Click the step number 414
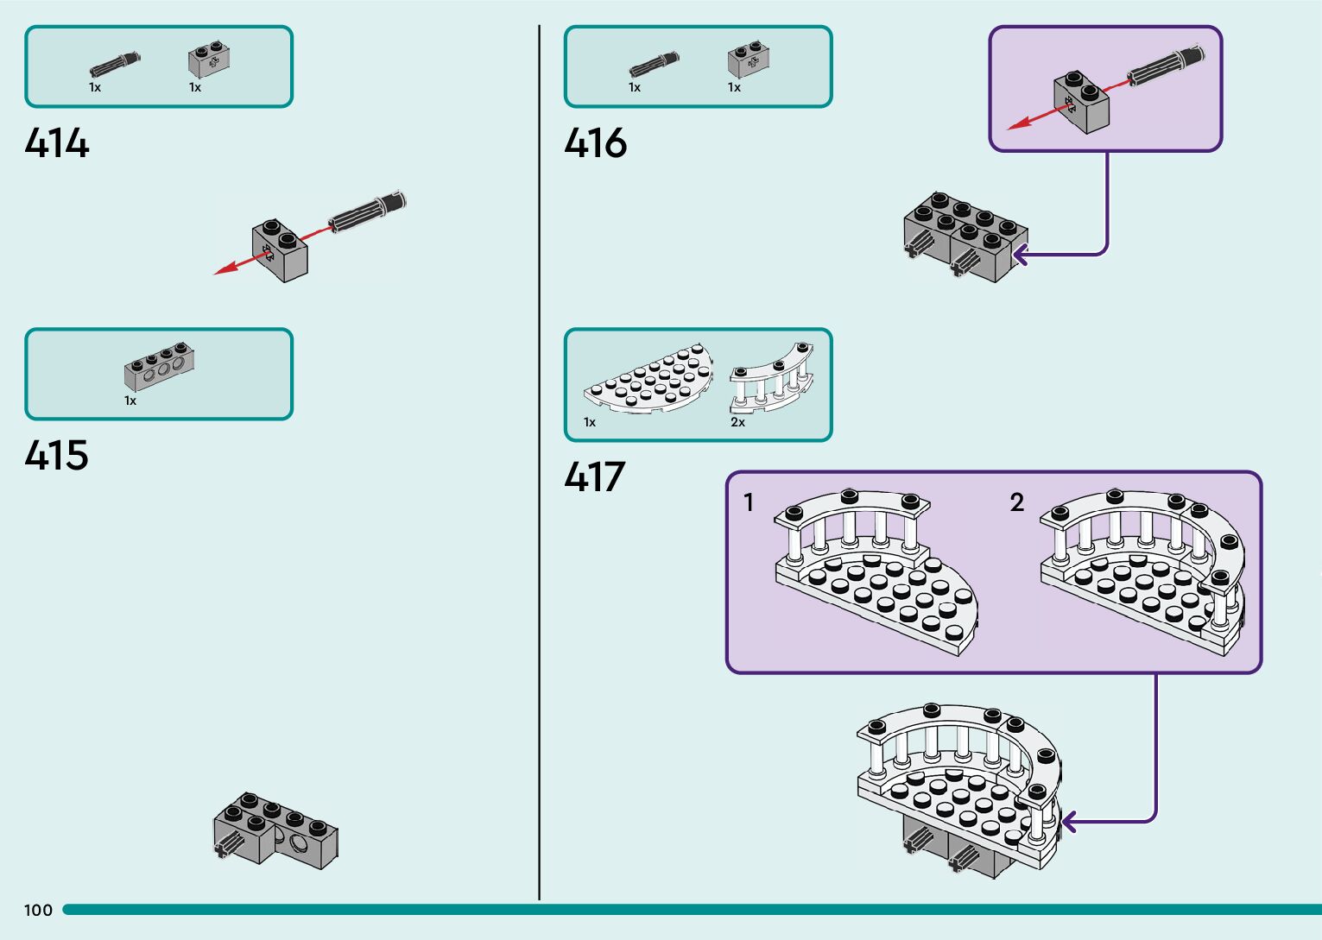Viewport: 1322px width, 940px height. click(57, 142)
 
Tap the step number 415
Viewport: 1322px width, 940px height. click(57, 455)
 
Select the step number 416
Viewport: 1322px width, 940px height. click(596, 142)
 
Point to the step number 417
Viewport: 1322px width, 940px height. click(594, 476)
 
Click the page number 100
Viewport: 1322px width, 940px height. click(38, 911)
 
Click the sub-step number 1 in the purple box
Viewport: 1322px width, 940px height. click(749, 502)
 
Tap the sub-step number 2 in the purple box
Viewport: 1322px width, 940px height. click(1017, 502)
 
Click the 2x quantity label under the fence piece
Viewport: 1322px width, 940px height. click(737, 422)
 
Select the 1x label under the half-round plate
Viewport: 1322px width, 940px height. click(590, 422)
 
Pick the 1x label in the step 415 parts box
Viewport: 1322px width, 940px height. click(130, 401)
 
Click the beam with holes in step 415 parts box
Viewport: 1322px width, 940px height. click(159, 366)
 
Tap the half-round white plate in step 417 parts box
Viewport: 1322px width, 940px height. click(648, 379)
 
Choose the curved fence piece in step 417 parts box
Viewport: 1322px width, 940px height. click(772, 378)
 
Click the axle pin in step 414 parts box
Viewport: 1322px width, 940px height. click(115, 65)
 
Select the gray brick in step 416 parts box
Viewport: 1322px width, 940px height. click(749, 60)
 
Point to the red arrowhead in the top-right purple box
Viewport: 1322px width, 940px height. click(1019, 123)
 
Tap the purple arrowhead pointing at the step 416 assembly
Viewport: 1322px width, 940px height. click(1021, 255)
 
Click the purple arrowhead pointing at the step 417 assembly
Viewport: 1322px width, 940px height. click(1069, 822)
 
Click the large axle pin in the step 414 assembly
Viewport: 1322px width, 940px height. click(367, 211)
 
